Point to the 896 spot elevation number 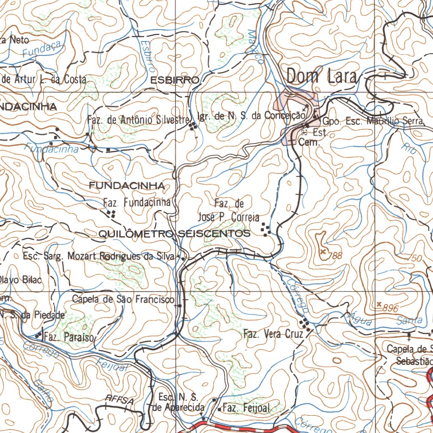pos(390,309)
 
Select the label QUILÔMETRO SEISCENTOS pos(174,233)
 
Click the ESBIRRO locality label pos(174,80)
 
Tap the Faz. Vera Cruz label pos(273,334)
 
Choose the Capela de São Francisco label pos(123,299)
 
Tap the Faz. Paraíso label pos(70,337)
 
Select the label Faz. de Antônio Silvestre pos(138,120)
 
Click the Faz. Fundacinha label pos(137,203)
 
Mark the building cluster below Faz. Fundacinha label pos(112,214)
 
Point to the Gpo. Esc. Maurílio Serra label pos(373,121)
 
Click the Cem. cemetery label pos(309,143)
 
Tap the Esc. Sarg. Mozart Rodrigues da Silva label pos(99,256)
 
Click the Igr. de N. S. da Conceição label pos(251,115)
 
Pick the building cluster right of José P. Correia pos(266,229)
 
